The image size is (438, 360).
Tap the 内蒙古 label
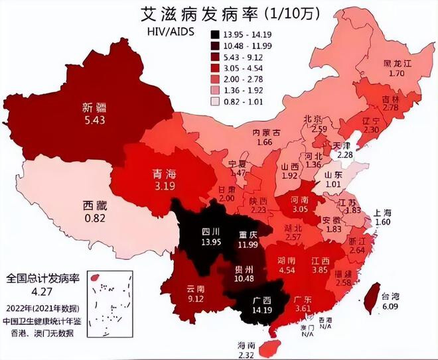[268, 132]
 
